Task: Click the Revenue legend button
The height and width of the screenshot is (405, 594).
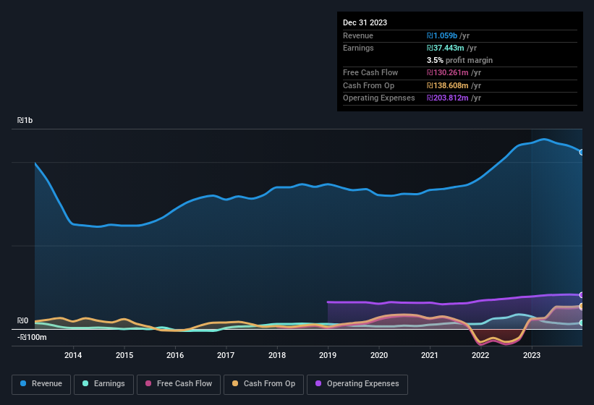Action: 41,384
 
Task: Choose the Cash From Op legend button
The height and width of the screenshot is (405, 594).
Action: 263,384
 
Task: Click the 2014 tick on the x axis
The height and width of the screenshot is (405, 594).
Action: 73,355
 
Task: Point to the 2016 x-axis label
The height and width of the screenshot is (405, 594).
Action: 175,355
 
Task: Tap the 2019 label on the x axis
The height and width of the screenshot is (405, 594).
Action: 328,355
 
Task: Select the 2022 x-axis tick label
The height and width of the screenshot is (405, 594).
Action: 480,355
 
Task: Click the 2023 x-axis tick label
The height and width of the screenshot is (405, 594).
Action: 532,355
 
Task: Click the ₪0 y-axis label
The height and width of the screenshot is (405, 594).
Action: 22,320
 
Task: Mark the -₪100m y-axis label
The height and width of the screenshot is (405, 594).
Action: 32,337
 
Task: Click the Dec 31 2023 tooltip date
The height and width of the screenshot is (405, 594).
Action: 365,22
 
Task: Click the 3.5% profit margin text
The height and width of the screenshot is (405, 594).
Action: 459,60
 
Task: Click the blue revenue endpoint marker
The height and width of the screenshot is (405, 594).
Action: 582,152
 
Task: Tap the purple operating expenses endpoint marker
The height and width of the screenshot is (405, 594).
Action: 582,295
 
